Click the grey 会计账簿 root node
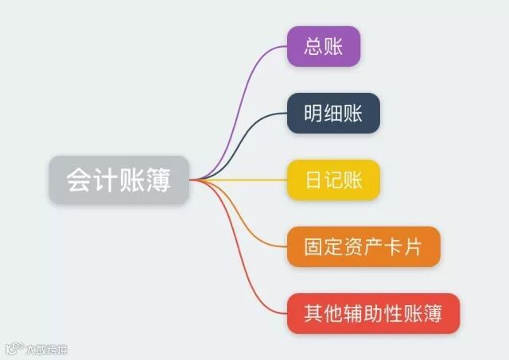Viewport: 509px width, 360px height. (119, 180)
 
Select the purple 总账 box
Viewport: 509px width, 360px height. (324, 46)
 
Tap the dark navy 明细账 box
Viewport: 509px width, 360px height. (333, 113)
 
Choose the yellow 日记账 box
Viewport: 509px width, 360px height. (333, 180)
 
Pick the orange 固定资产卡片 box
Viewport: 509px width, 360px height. (363, 246)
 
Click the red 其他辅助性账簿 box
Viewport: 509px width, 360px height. (373, 312)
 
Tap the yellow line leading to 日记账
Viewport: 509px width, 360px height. (247, 180)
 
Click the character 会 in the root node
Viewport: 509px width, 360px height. (76, 180)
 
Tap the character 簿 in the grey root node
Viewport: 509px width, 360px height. (162, 180)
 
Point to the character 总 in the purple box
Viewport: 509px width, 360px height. (313, 46)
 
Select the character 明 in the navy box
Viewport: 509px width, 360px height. (313, 113)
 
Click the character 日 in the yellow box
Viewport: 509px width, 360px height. (313, 180)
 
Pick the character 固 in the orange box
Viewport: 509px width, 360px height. (313, 246)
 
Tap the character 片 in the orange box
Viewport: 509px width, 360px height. (414, 246)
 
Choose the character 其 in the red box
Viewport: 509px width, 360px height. (313, 312)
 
